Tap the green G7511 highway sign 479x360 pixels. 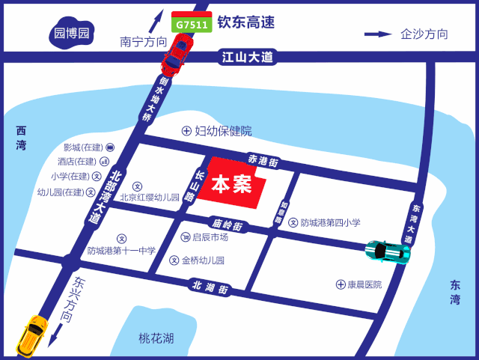pos(191,23)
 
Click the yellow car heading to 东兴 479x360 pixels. pos(33,336)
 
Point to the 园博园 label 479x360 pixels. pos(72,33)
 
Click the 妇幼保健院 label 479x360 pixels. pos(223,131)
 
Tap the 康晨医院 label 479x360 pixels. pos(364,284)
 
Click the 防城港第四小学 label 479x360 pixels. pos(330,222)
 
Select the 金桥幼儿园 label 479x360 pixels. pos(203,260)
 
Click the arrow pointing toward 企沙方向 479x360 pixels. pos(378,34)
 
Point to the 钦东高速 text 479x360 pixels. pos(245,22)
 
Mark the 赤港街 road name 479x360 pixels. pos(263,160)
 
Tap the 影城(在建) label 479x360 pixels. pos(82,147)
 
